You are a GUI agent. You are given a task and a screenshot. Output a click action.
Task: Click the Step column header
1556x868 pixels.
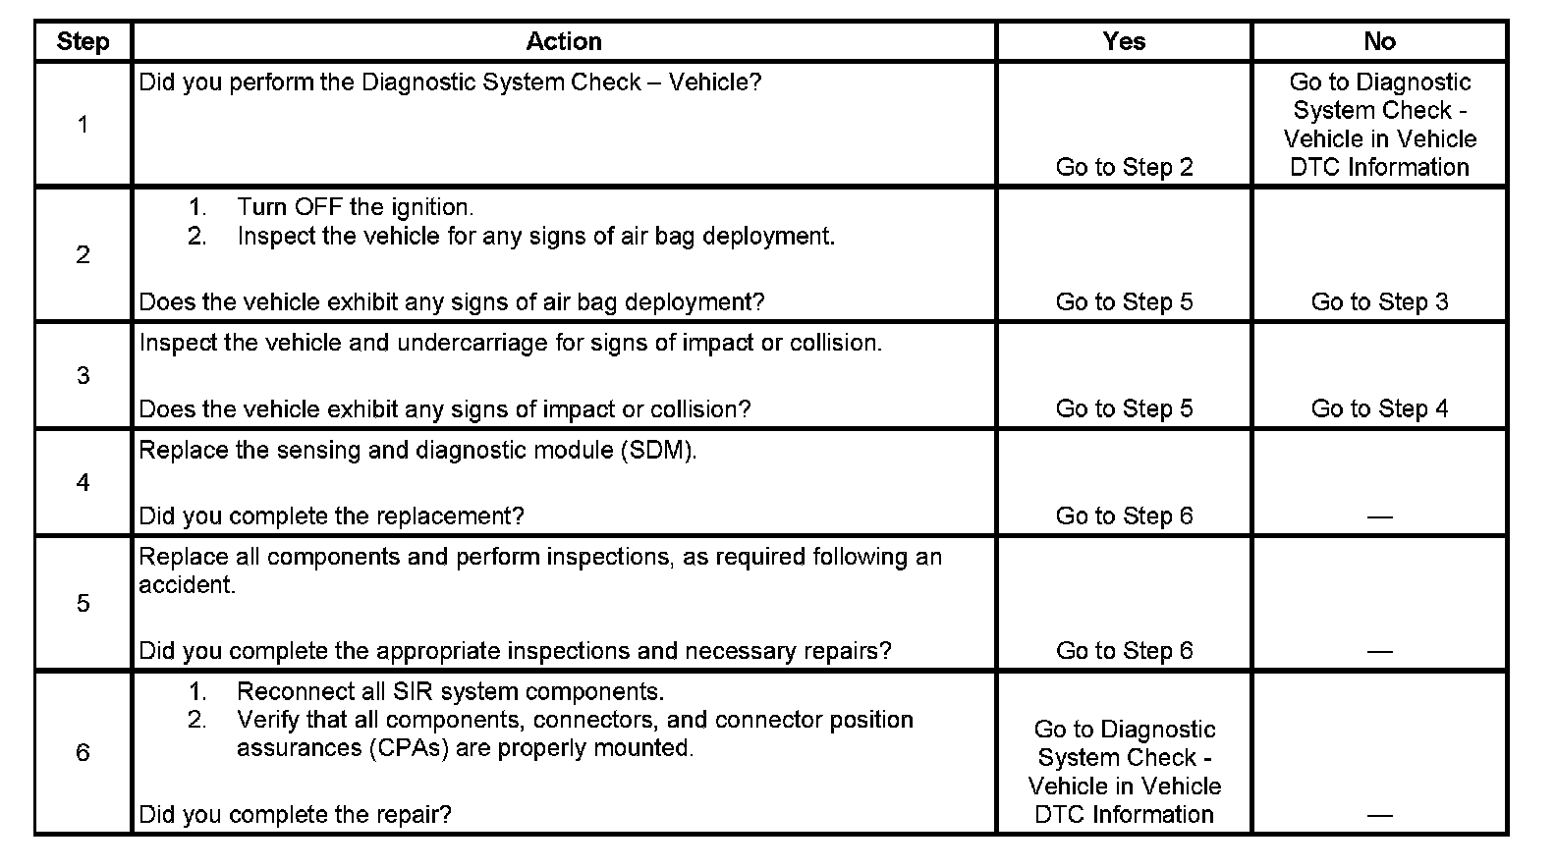[83, 41]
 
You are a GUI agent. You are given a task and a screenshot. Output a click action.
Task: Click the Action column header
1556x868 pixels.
[563, 41]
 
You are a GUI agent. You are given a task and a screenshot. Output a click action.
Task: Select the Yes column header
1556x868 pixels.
[1124, 41]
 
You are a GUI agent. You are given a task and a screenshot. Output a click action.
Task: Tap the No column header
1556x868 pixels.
[1379, 41]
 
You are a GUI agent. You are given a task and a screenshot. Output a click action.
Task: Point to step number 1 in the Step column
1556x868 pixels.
[83, 125]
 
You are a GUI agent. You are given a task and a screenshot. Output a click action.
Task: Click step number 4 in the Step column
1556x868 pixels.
[83, 482]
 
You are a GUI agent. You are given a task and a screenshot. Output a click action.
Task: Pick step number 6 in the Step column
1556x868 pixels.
[83, 753]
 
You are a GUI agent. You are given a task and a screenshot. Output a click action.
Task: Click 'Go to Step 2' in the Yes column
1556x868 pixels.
[1124, 167]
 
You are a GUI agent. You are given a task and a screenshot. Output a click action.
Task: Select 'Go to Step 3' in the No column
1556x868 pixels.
[1379, 301]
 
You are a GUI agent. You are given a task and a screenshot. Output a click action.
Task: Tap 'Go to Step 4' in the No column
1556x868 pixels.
[1379, 408]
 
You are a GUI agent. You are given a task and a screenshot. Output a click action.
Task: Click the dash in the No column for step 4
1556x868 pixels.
[1379, 516]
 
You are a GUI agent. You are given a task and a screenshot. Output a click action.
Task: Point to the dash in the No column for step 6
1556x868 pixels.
[1379, 815]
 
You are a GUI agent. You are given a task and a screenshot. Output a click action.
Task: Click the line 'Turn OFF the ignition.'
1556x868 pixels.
[355, 207]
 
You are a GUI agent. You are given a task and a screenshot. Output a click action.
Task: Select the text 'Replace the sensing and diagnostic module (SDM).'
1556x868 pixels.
[417, 451]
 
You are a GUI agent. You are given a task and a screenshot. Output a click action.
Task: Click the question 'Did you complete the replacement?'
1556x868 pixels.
[331, 515]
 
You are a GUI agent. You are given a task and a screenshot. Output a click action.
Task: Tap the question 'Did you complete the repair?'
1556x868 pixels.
[295, 814]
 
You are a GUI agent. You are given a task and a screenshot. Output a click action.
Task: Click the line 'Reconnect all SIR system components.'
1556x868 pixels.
[450, 691]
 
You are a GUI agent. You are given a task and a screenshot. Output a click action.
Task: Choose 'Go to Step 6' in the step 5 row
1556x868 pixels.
[1124, 650]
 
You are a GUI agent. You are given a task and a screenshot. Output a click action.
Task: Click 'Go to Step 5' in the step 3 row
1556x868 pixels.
[1124, 408]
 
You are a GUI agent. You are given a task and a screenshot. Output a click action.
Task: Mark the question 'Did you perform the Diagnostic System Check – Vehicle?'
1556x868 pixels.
[450, 82]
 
